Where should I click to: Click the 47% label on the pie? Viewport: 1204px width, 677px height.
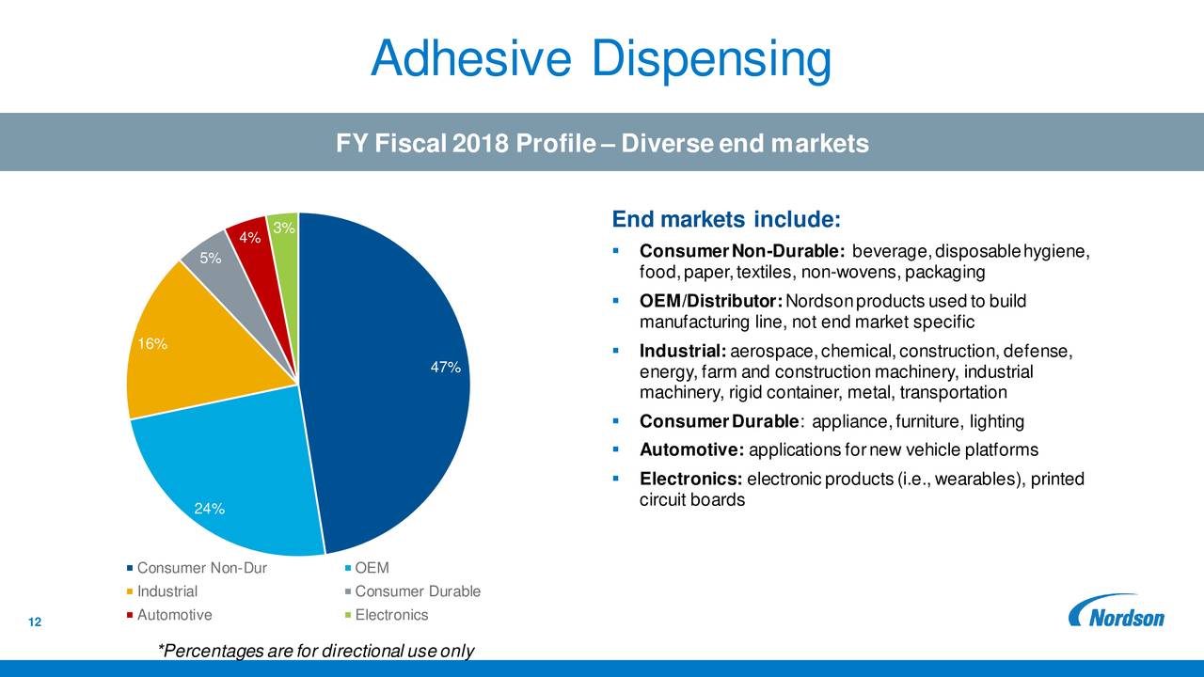tap(445, 368)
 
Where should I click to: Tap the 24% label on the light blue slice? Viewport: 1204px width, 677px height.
tap(209, 510)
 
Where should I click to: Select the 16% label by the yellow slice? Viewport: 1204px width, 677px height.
tap(153, 343)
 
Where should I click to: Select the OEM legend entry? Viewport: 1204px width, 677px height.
tap(372, 568)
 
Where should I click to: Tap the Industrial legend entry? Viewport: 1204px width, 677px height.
tap(166, 591)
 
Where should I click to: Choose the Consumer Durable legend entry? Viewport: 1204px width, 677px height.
tap(418, 591)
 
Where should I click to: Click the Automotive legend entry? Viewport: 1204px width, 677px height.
tap(174, 615)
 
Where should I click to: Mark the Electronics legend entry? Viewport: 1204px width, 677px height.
tap(391, 615)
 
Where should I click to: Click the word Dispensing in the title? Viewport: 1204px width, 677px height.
tap(712, 60)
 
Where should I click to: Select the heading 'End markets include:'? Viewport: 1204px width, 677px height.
tap(725, 220)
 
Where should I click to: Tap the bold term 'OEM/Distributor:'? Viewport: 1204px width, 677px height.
tap(710, 301)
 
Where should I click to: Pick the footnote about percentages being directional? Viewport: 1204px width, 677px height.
tap(317, 652)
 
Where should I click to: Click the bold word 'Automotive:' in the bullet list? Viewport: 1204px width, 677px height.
tap(692, 450)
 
